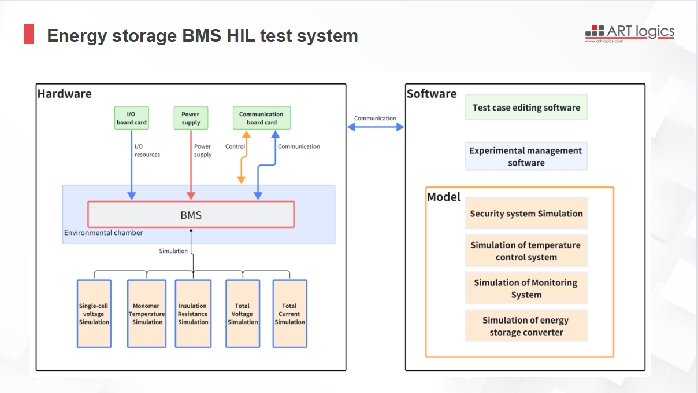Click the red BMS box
tap(191, 215)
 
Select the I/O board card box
tap(132, 118)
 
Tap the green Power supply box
tap(191, 118)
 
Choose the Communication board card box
tap(262, 118)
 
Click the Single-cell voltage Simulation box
tap(94, 314)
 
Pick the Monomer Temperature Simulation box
tap(147, 314)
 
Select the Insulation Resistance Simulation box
tap(193, 314)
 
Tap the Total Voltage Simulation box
tap(242, 314)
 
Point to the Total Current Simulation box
tap(289, 314)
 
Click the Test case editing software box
tap(526, 107)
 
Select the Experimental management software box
tap(526, 156)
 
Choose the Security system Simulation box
tap(526, 214)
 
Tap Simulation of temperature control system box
tap(526, 251)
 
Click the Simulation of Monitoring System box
tap(526, 288)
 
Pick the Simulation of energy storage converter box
tap(526, 326)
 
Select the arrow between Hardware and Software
tap(376, 127)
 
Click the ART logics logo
tap(629, 33)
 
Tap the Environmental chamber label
tap(103, 233)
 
